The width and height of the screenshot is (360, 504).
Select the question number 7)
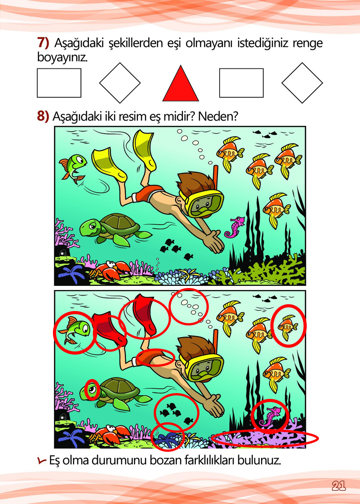coord(43,43)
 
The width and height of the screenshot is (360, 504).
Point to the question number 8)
coord(43,116)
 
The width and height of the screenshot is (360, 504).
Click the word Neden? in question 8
coord(218,116)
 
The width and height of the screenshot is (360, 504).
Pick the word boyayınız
coord(62,57)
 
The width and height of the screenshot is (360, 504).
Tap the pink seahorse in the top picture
coord(235,227)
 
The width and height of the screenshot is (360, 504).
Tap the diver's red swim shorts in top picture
coord(148,194)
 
